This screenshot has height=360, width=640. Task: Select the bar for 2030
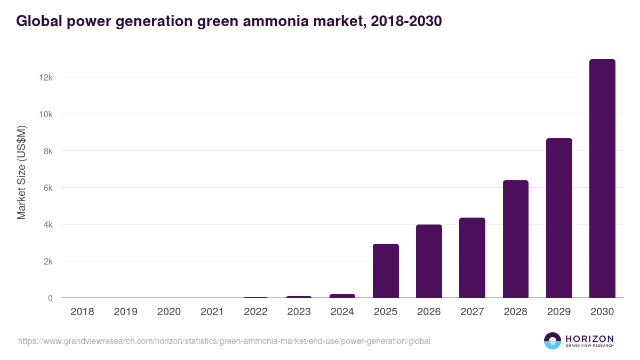tap(602, 179)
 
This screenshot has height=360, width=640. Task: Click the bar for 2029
tap(559, 218)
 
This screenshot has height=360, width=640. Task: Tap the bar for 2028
tap(516, 239)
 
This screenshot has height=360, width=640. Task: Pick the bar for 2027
tap(472, 258)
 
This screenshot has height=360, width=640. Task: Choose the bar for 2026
tap(429, 261)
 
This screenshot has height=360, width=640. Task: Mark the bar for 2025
tap(386, 271)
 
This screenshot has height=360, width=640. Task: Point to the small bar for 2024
tap(342, 296)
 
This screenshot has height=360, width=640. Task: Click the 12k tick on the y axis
tap(46, 77)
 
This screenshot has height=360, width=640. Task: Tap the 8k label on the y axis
tap(47, 151)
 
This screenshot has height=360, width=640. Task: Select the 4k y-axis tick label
tap(47, 225)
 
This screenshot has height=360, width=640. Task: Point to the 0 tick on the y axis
tap(50, 298)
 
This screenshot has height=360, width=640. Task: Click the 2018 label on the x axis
tap(82, 312)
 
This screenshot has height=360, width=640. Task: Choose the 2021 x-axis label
tap(212, 312)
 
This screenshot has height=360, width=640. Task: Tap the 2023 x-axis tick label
tap(299, 312)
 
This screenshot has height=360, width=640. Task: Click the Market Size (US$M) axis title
tap(21, 172)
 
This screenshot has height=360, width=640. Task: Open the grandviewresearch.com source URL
tap(224, 341)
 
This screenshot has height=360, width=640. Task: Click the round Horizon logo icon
tap(553, 341)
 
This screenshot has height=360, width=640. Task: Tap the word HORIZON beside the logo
tap(589, 338)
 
